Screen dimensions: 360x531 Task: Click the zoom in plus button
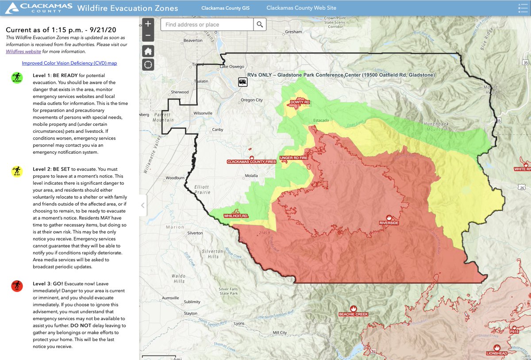148,24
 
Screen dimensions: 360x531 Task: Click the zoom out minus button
148,36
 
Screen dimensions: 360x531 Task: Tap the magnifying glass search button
260,24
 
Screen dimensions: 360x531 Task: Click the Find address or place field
207,24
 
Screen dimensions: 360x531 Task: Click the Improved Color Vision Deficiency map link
69,63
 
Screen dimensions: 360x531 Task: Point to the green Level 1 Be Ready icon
17,78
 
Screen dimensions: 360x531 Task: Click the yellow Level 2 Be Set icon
17,171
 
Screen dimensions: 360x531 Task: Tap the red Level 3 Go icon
17,286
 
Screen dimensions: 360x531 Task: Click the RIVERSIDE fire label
389,223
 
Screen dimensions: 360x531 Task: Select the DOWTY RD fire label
300,102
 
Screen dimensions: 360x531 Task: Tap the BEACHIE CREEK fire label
353,314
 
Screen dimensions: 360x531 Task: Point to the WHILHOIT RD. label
236,216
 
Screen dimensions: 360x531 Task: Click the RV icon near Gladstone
242,81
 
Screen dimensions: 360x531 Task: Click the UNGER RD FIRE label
293,158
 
